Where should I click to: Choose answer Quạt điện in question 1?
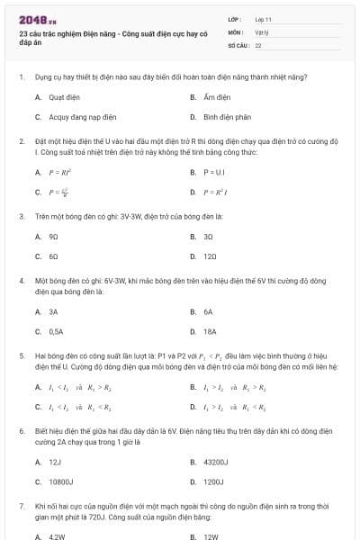click(62, 96)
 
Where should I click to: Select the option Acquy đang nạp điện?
click(76, 117)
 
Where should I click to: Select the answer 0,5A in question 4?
click(56, 331)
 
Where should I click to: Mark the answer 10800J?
click(59, 482)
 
